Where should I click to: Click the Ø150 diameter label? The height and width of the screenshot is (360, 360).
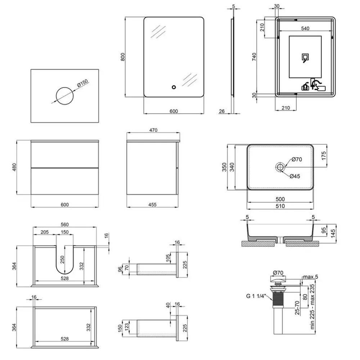[x=82, y=84]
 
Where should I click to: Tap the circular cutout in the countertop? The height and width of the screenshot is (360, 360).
[x=65, y=96]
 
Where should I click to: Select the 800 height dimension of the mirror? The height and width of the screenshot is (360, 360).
[x=122, y=57]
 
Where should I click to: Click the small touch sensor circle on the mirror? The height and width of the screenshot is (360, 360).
[x=174, y=87]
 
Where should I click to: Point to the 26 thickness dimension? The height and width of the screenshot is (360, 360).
[x=222, y=112]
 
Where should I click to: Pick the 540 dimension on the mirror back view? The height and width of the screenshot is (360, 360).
[x=306, y=29]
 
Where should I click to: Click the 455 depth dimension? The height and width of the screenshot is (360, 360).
[x=152, y=205]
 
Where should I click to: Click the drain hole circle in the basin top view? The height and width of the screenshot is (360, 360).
[x=280, y=167]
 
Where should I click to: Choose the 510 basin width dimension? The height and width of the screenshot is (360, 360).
[x=280, y=206]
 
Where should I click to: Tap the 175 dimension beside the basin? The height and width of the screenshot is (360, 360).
[x=324, y=156]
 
